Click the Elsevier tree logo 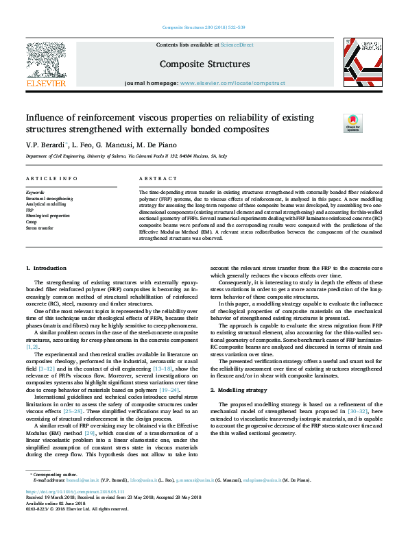pyautogui.click(x=46, y=63)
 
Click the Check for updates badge pyautogui.click(x=371, y=123)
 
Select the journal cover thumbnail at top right pyautogui.click(x=363, y=63)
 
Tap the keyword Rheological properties pyautogui.click(x=48, y=215)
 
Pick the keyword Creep pyautogui.click(x=32, y=221)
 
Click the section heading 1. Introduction pyautogui.click(x=46, y=268)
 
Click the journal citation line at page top pyautogui.click(x=204, y=27)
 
